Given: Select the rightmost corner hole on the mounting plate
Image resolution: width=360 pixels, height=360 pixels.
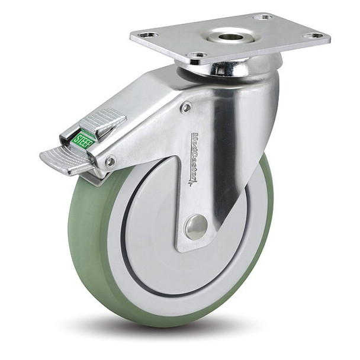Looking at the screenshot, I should pos(314,36).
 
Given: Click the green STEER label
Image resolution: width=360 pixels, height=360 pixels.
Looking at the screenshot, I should pos(85,139).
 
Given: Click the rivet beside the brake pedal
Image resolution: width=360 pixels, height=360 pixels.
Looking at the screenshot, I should pos(110,160).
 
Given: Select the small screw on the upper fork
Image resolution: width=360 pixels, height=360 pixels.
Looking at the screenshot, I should pos(187,108).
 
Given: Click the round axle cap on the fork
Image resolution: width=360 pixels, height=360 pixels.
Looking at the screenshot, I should pos(196,226).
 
